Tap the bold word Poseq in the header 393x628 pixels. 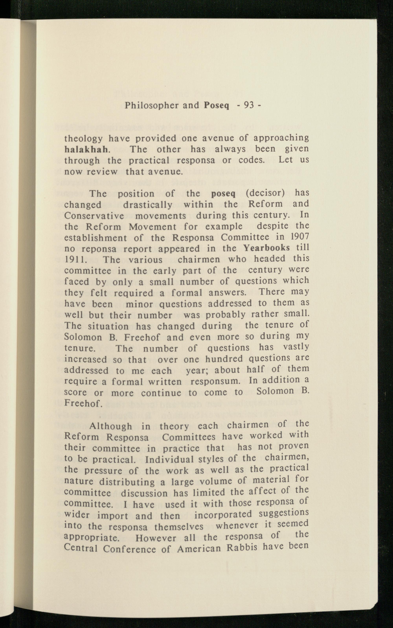[x=216, y=105]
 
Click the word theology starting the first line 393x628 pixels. [x=83, y=139]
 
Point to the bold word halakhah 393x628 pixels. [x=86, y=150]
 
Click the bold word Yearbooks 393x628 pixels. [x=266, y=248]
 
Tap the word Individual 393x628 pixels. [x=169, y=460]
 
